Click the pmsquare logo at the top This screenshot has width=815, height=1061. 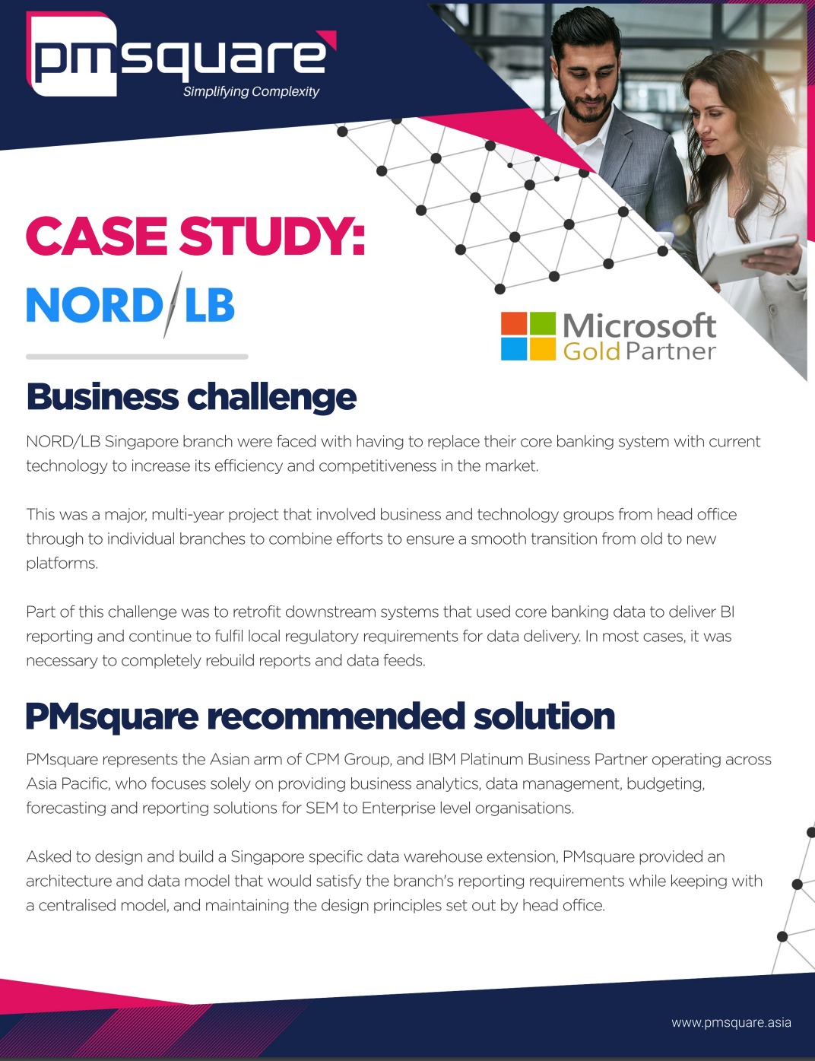[x=181, y=55]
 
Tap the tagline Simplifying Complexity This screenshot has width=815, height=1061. [x=251, y=92]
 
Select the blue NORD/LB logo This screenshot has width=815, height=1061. [x=130, y=305]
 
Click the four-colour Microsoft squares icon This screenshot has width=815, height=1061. [x=528, y=336]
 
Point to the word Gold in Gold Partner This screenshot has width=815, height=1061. [x=591, y=351]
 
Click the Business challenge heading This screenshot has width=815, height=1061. [x=192, y=397]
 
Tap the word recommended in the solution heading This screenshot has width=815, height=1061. [x=336, y=716]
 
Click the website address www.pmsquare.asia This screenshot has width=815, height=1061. [x=731, y=1022]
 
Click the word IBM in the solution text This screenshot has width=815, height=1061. [x=442, y=760]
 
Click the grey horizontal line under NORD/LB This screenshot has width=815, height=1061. [x=137, y=357]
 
